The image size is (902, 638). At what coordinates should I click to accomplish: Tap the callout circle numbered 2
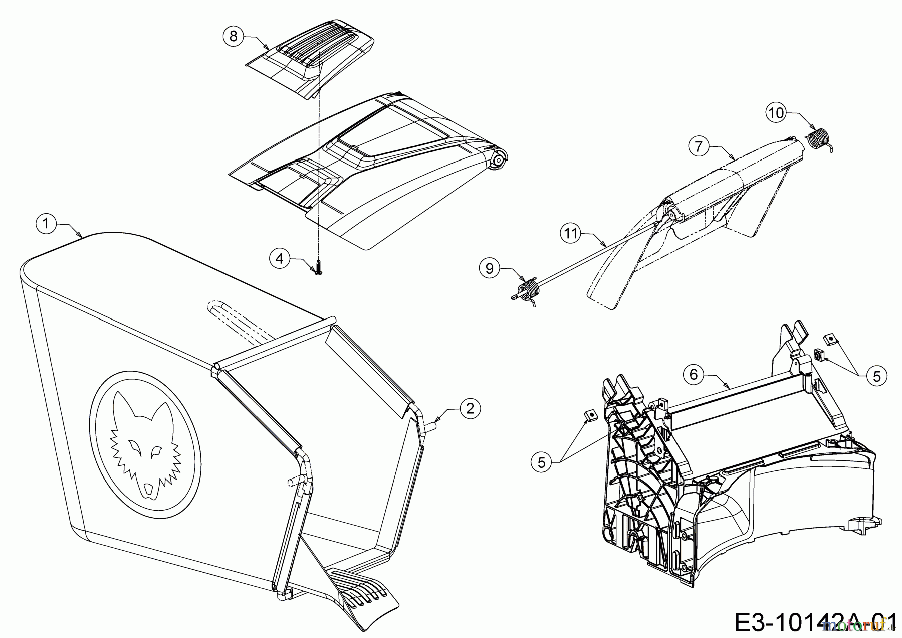pos(470,408)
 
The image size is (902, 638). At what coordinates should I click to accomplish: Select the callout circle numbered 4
pos(280,258)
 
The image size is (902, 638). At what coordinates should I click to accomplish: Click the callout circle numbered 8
pos(233,36)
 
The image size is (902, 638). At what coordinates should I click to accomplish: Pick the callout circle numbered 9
pos(490,268)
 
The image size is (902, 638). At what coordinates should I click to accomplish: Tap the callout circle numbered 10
pos(775,113)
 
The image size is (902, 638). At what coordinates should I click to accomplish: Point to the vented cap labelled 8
pos(311,58)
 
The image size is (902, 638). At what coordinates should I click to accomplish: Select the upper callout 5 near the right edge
pos(876,376)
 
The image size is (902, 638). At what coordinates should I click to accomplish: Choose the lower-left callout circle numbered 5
pos(541,462)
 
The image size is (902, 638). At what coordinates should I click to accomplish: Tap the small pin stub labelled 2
pos(431,425)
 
